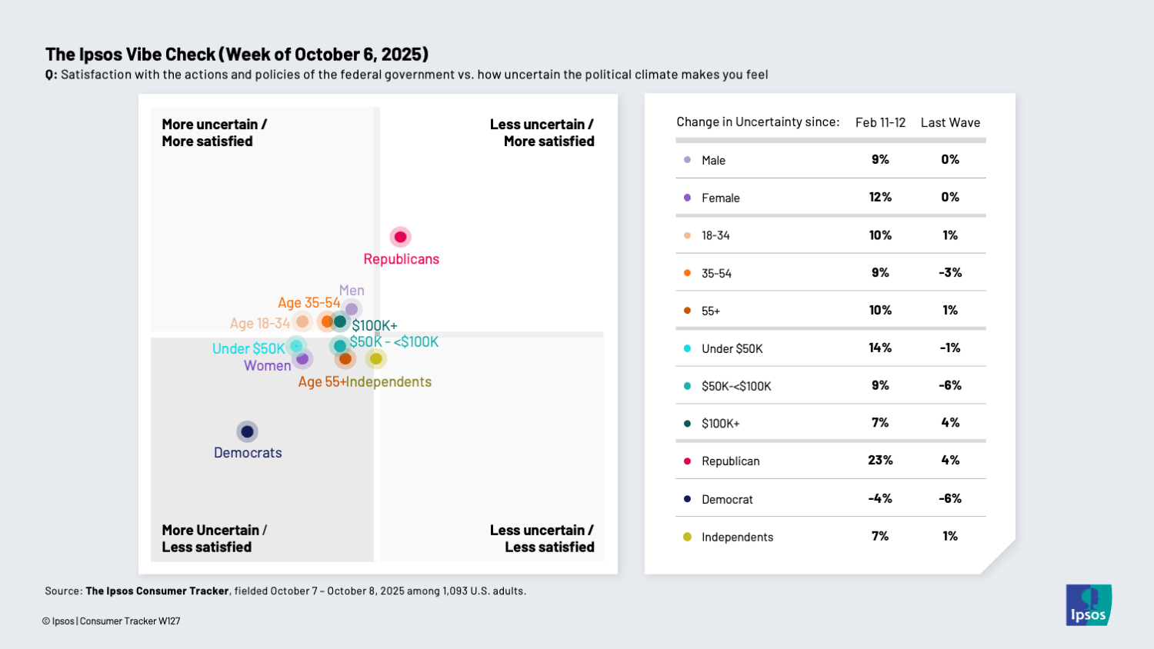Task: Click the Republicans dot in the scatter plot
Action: [400, 237]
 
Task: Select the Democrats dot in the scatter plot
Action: [247, 431]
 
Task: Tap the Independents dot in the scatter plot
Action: [375, 358]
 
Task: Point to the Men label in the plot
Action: [352, 291]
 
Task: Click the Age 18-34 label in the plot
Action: [260, 324]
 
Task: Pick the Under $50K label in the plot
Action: [248, 348]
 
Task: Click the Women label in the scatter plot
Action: [267, 366]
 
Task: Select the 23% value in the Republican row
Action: [880, 461]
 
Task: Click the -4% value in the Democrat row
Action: [880, 498]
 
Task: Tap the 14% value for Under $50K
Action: [880, 348]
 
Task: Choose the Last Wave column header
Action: [950, 122]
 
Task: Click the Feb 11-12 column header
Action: [880, 122]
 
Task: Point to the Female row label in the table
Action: [720, 198]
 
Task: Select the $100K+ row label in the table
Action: [720, 423]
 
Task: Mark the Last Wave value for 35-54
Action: [950, 273]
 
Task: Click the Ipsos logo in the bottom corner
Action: [1089, 605]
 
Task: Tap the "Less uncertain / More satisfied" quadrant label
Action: [542, 132]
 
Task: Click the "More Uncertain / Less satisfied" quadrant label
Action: [214, 538]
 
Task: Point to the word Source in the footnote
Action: [63, 591]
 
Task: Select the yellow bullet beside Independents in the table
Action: [687, 537]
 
